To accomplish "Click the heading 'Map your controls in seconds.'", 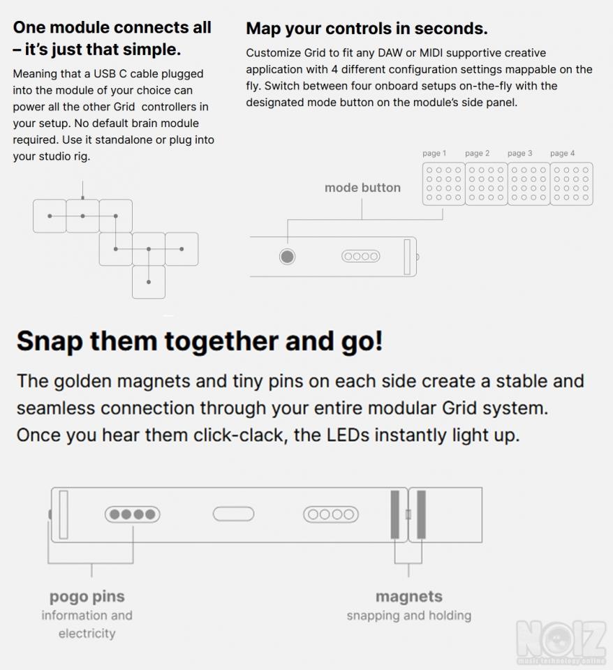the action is [367, 29].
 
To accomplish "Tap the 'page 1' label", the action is [434, 153].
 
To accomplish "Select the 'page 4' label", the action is [562, 153].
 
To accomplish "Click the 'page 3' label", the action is [520, 153].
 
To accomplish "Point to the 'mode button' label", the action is [362, 188].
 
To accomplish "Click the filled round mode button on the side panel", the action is [287, 256].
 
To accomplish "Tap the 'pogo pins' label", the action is [87, 597].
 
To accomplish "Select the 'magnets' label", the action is [409, 596].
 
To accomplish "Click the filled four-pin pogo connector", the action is [133, 514].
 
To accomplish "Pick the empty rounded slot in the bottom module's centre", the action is [233, 514].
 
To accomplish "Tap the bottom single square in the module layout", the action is [149, 282].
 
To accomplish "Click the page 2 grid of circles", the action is [486, 184].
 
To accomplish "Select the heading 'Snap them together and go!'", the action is [200, 341].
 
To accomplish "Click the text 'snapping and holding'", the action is [409, 616].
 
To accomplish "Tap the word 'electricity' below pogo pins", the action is [87, 633].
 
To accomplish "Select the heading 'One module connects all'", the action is [112, 27].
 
